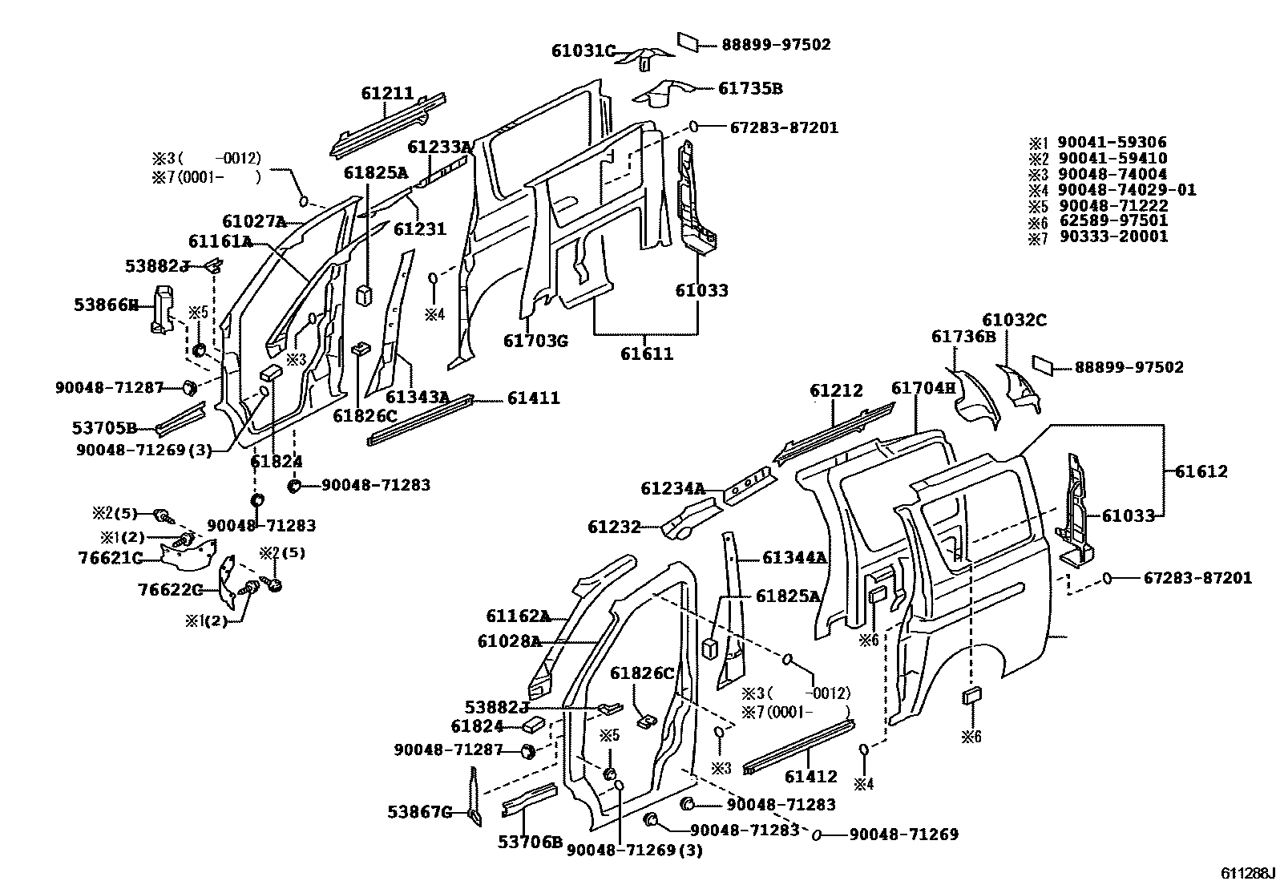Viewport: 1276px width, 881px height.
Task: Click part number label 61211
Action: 387,93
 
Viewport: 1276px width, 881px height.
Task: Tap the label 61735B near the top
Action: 750,89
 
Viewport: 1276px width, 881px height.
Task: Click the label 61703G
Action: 535,341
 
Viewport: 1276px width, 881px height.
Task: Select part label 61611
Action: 647,354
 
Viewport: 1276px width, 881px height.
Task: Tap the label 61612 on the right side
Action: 1201,471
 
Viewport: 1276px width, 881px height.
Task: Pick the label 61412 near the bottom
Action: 811,777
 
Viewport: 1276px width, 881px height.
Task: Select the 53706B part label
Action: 530,841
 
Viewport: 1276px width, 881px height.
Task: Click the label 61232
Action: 614,527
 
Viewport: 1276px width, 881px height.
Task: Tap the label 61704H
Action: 924,389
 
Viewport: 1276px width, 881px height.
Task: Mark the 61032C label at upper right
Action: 1015,321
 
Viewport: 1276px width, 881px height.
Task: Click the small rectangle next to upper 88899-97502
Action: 688,41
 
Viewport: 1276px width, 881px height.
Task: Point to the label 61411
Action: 533,398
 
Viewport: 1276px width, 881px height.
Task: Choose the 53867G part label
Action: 420,813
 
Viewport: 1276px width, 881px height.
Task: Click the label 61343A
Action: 417,398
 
